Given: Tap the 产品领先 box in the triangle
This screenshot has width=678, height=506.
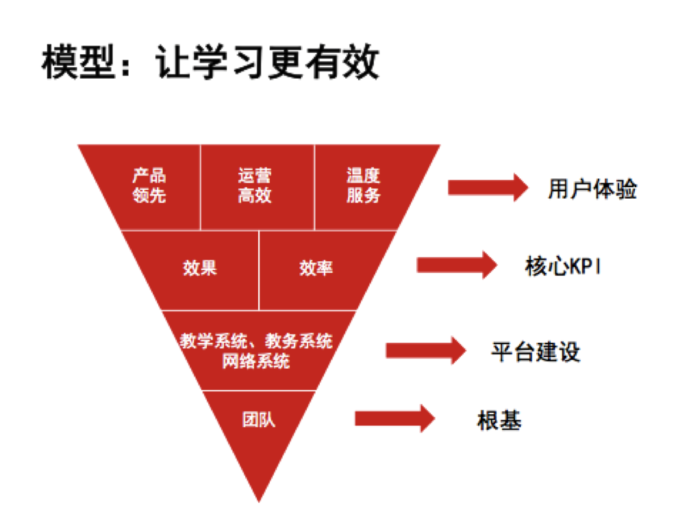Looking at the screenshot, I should pyautogui.click(x=149, y=186).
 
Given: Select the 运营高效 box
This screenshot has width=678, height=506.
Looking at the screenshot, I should pyautogui.click(x=255, y=186).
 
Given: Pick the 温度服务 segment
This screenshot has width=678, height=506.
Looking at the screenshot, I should pyautogui.click(x=363, y=186).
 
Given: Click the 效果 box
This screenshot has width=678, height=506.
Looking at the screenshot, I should pyautogui.click(x=200, y=268).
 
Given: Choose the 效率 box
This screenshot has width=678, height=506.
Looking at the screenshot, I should pyautogui.click(x=316, y=268).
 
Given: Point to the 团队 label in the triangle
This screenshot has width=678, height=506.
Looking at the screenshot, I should pyautogui.click(x=259, y=419).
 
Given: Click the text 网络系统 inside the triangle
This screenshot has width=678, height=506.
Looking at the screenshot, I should pyautogui.click(x=256, y=361).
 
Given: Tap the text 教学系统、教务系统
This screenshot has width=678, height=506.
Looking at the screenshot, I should pyautogui.click(x=256, y=341).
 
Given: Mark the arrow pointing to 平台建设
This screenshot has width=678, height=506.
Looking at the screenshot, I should pyautogui.click(x=426, y=350).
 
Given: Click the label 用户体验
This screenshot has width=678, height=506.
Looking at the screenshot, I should pyautogui.click(x=592, y=189).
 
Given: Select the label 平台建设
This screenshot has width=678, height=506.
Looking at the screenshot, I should pyautogui.click(x=536, y=352).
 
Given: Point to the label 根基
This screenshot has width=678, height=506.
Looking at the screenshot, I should pyautogui.click(x=499, y=420).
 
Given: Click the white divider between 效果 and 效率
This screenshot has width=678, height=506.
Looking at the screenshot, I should pyautogui.click(x=259, y=269).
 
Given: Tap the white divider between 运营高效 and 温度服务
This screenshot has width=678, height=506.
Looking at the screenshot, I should pyautogui.click(x=314, y=186).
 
